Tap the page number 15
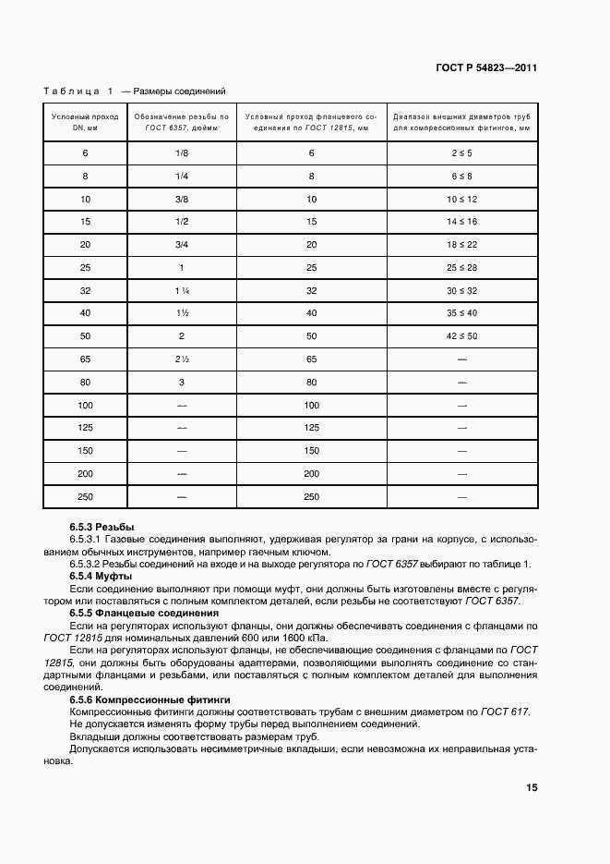pos(532,787)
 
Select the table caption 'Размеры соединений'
pos(180,91)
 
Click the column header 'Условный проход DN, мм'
pos(84,124)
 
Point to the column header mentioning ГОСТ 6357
pos(181,124)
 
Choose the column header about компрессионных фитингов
pos(462,124)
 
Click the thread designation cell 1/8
pos(181,152)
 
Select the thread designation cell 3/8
pos(181,199)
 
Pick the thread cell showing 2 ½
pos(181,358)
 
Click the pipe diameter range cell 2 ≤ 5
pos(462,152)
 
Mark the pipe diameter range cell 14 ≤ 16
pos(462,222)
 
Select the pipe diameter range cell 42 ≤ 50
pos(462,335)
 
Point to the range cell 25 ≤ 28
pos(462,267)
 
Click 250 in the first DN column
pos(85,497)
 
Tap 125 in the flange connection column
pos(311,428)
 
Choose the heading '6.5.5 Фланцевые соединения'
pos(143,613)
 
